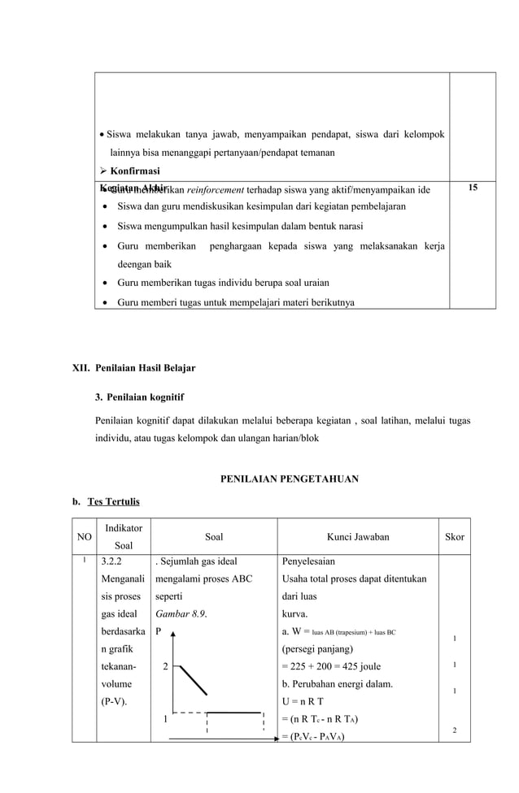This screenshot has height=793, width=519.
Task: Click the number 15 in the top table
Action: click(472, 188)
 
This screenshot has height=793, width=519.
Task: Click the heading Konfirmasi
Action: click(133, 171)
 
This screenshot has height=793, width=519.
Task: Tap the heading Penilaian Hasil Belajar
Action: click(145, 368)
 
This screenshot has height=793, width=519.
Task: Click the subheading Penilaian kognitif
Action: click(145, 397)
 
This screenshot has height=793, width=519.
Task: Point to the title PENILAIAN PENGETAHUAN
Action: click(290, 479)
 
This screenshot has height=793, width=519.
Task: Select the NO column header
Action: click(84, 537)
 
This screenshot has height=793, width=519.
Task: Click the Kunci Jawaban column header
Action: click(358, 537)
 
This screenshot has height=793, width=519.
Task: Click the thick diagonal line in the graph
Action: click(193, 681)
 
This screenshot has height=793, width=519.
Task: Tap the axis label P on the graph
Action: click(159, 631)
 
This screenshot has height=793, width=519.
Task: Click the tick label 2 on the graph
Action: click(165, 667)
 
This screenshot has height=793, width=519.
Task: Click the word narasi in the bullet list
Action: click(346, 225)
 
